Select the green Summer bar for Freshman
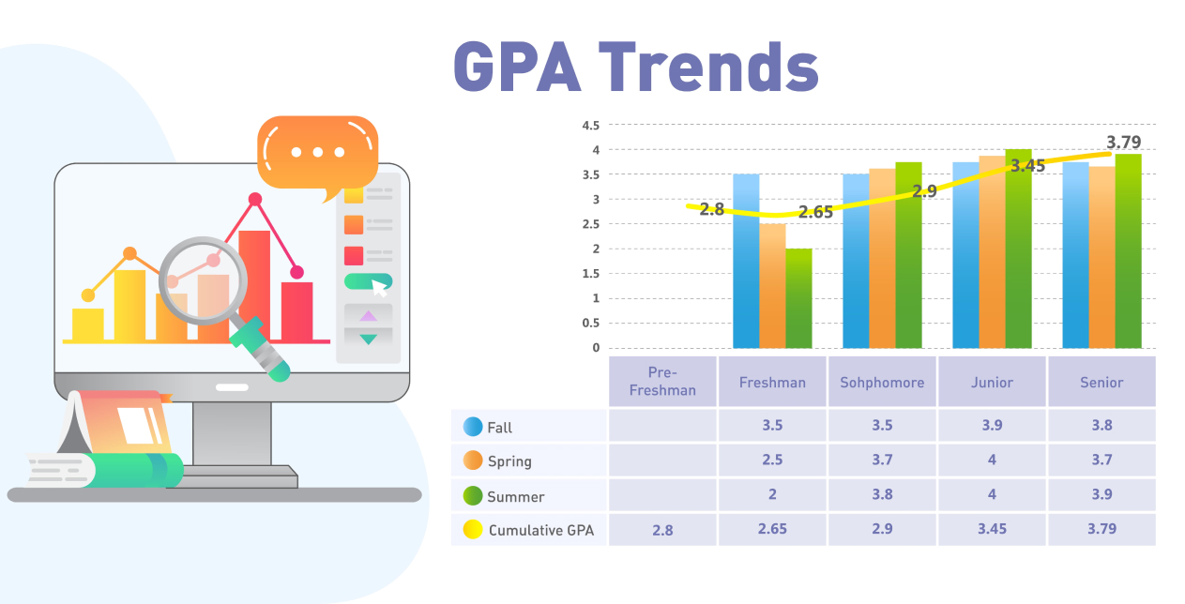point(798,298)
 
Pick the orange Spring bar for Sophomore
point(882,258)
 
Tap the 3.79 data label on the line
point(1123,143)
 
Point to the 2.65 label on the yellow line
point(815,212)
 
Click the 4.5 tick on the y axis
point(590,125)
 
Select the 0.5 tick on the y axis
point(590,323)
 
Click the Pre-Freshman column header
point(662,383)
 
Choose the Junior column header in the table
point(992,383)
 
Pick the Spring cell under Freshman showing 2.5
point(772,461)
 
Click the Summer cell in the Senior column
point(1101,495)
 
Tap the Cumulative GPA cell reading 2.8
point(662,530)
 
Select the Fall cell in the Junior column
point(992,426)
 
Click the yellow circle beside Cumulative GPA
point(473,530)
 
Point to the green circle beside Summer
point(473,495)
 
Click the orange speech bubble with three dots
point(317,152)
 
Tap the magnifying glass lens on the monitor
point(203,280)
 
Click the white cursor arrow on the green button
point(380,287)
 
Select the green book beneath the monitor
point(122,469)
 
